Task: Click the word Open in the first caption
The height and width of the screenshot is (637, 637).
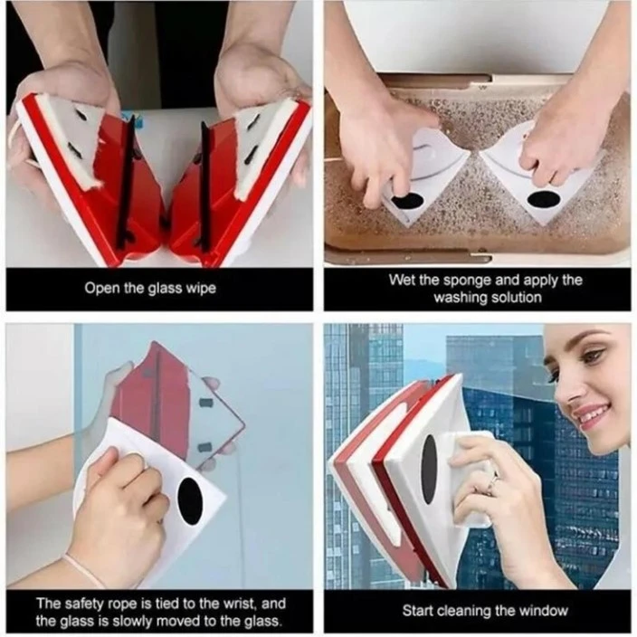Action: coord(101,289)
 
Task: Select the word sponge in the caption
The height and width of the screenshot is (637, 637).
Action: coord(462,280)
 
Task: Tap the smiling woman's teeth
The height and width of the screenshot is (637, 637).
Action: coord(590,414)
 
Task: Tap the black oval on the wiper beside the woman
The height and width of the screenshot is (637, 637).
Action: coord(428,469)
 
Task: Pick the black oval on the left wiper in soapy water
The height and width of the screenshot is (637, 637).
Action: coord(408,199)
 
